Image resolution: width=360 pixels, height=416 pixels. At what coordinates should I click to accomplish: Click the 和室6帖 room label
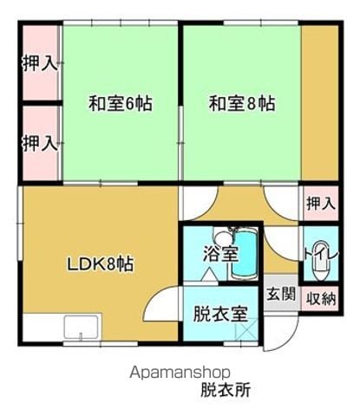tap(120, 103)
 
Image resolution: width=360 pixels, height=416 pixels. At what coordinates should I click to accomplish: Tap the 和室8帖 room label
tap(242, 103)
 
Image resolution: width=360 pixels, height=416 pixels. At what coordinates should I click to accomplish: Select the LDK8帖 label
tap(101, 263)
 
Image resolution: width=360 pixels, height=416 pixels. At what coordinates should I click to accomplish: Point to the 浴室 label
tap(220, 254)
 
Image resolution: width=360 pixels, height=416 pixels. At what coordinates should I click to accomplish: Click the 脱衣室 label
tap(220, 314)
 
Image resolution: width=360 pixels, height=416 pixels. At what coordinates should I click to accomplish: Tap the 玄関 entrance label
tap(281, 294)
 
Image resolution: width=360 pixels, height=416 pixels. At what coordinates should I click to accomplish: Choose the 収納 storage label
tap(321, 298)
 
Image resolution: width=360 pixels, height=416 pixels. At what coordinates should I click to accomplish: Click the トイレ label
tap(321, 254)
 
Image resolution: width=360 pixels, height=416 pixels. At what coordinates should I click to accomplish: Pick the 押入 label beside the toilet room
tap(321, 203)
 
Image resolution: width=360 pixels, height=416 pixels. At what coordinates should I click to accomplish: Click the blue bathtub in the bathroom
tap(245, 254)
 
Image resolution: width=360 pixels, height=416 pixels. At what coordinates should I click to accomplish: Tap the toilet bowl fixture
tap(320, 262)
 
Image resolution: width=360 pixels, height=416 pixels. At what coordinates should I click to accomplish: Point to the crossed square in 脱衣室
tap(246, 328)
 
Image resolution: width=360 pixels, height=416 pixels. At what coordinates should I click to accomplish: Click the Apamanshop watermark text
tap(180, 374)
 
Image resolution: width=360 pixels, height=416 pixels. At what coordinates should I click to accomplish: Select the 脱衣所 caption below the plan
tap(226, 390)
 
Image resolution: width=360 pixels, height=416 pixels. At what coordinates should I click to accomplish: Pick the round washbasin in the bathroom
tap(224, 239)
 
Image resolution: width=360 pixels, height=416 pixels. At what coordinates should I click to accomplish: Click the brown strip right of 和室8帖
tap(320, 102)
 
